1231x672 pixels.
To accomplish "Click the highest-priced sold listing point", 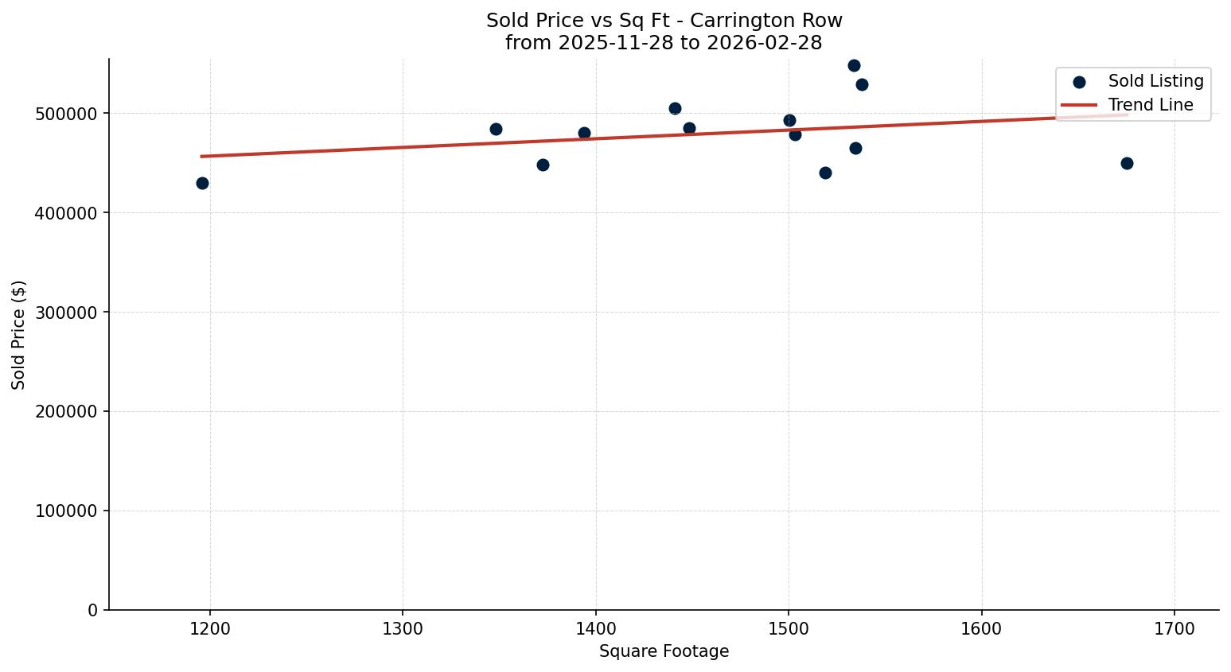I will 854,65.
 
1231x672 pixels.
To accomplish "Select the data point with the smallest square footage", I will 202,183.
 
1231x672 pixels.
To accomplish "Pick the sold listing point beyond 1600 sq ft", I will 1127,163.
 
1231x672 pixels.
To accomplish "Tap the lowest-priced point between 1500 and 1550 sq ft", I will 825,173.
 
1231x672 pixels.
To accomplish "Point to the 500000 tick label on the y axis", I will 66,114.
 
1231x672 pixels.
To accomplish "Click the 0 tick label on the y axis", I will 93,610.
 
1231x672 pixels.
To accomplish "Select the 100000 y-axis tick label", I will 66,511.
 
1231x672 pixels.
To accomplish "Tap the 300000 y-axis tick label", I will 66,313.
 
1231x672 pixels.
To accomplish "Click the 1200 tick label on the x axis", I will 210,629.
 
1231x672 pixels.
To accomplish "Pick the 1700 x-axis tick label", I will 1175,629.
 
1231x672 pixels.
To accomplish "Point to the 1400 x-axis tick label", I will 596,629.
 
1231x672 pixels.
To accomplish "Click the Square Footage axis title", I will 664,652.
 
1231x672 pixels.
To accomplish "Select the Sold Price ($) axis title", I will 19,335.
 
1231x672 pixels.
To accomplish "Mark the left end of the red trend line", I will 202,156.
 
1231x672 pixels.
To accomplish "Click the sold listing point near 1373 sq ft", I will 543,165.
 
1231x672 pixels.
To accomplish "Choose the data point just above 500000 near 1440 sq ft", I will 675,108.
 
